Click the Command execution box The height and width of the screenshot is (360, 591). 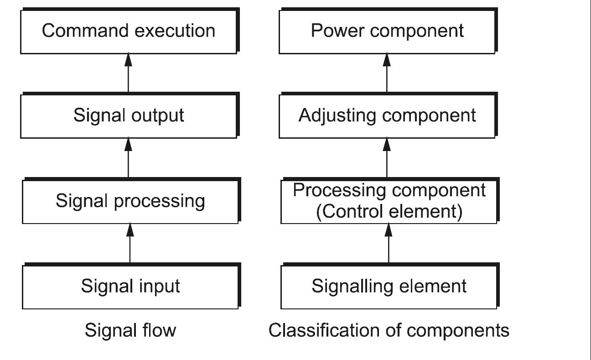click(x=129, y=31)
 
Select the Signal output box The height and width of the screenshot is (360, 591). click(x=129, y=115)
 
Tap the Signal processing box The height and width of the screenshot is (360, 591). click(x=130, y=201)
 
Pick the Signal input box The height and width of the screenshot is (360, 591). click(x=130, y=286)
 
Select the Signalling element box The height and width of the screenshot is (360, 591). click(x=389, y=286)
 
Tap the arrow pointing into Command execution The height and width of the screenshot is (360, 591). click(x=129, y=73)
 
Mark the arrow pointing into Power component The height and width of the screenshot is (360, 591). click(x=387, y=73)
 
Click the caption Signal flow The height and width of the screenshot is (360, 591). click(x=130, y=330)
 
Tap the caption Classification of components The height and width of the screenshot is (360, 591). click(x=389, y=330)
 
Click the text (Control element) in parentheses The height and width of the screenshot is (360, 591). click(x=389, y=212)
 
